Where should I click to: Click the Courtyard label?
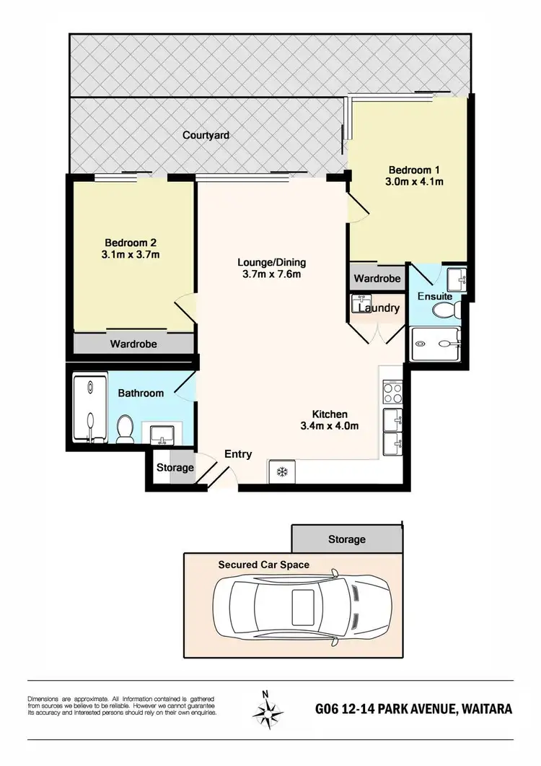[x=206, y=135]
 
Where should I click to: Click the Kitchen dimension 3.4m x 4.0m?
[x=330, y=425]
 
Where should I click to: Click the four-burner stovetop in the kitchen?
[x=392, y=393]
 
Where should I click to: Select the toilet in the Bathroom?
[x=125, y=428]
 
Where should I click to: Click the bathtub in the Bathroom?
[x=89, y=409]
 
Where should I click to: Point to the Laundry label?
[x=379, y=308]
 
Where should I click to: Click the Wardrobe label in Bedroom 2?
[x=133, y=344]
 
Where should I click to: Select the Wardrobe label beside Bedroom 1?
[x=377, y=278]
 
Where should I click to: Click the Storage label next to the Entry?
[x=175, y=468]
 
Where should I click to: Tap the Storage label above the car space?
[x=346, y=539]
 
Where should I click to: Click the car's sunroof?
[x=302, y=604]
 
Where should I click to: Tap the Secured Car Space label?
[x=264, y=564]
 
